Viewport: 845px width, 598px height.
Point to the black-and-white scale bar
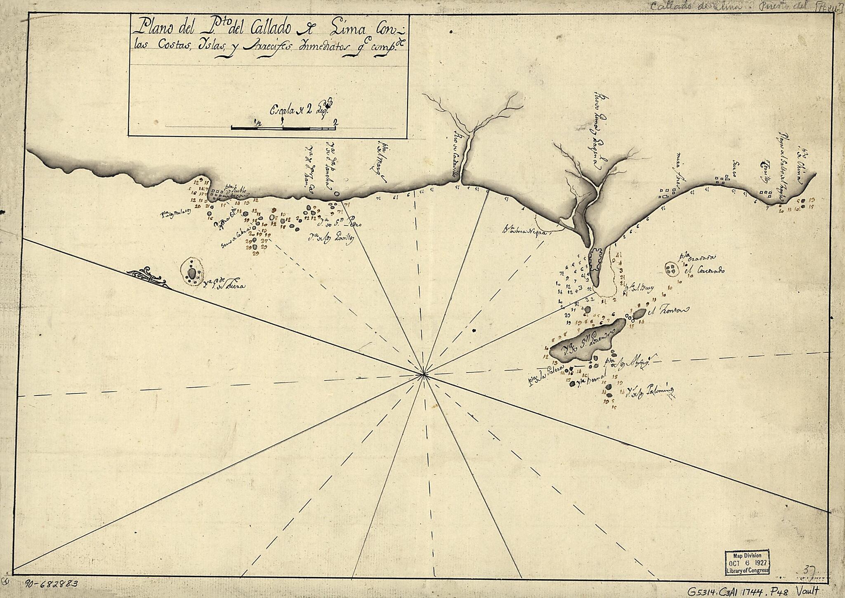point(283,128)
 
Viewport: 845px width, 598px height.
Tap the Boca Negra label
point(526,230)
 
